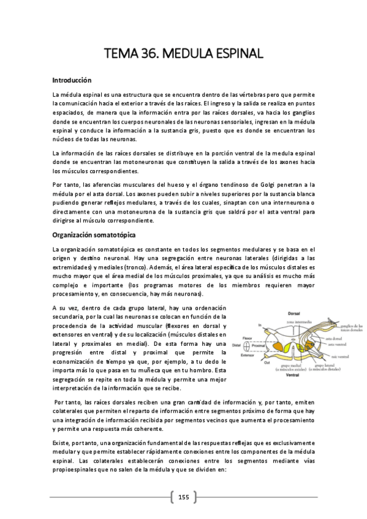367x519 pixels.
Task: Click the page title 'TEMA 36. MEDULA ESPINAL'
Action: coord(184,53)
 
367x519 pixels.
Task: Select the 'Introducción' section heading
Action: coord(72,80)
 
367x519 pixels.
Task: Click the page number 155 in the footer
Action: coord(183,496)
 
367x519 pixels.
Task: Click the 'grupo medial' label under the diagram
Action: coord(281,367)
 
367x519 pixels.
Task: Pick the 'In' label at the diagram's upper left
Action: coord(260,326)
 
